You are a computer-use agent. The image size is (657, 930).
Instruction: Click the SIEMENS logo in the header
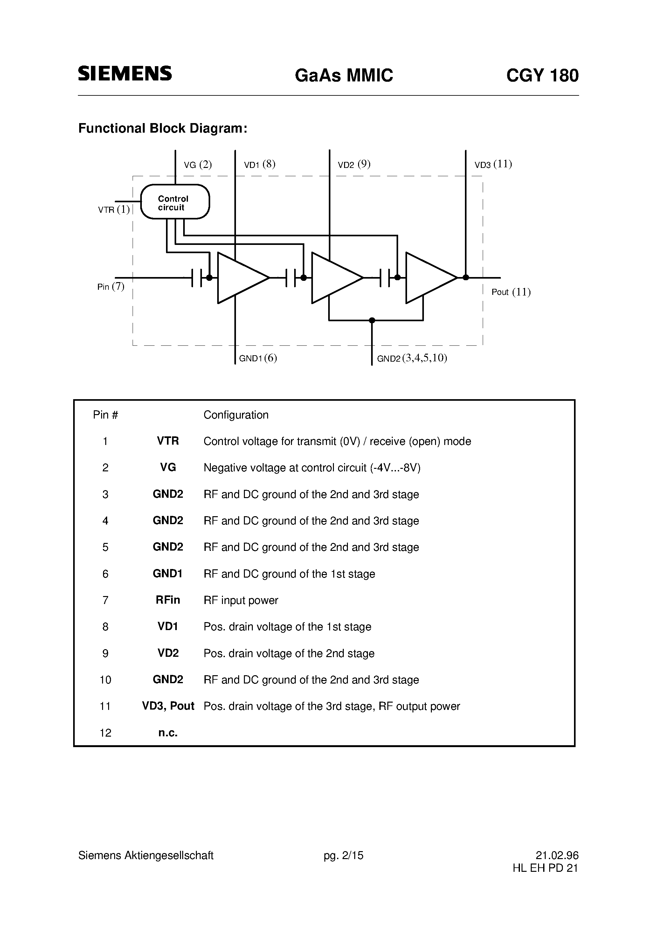tap(125, 73)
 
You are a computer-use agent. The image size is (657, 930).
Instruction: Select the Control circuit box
tap(175, 202)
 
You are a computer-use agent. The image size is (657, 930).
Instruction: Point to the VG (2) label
tap(198, 165)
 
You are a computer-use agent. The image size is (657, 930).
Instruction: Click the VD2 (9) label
tap(354, 164)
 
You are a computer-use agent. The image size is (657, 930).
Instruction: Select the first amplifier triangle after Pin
tap(239, 278)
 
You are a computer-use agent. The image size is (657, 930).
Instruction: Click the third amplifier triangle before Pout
tap(427, 278)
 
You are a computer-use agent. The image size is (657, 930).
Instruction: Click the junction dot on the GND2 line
tap(372, 320)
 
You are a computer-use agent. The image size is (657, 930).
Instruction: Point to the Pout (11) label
tap(511, 292)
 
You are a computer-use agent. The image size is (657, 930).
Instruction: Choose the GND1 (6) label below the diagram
tap(258, 358)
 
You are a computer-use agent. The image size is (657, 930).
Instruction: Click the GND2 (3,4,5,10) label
tap(412, 358)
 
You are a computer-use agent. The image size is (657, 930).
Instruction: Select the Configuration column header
tap(236, 415)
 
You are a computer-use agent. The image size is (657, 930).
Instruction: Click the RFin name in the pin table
tap(168, 600)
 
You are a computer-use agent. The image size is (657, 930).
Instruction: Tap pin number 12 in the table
tap(105, 733)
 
